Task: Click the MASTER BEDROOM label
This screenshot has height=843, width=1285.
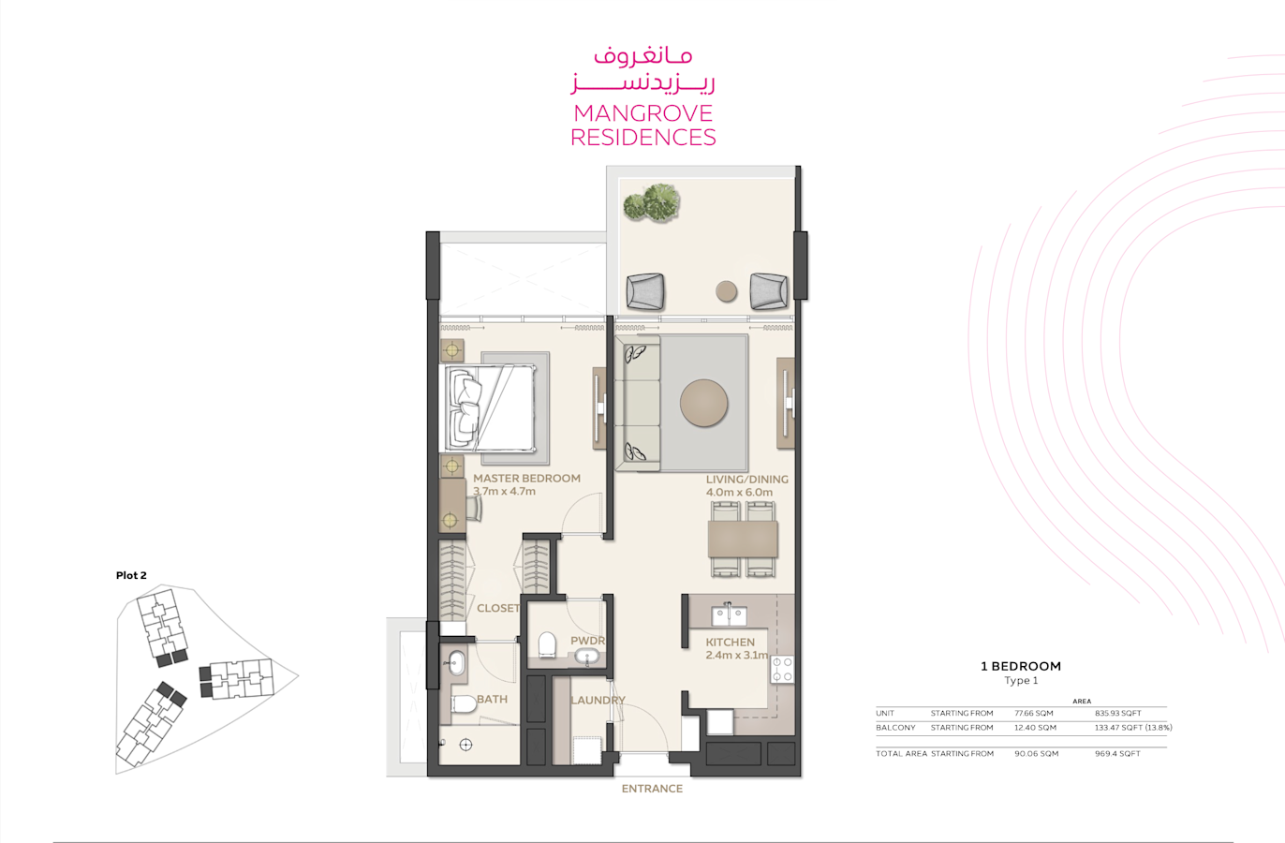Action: click(526, 478)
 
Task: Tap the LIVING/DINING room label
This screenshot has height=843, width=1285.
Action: click(746, 480)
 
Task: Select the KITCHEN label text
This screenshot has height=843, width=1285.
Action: click(730, 643)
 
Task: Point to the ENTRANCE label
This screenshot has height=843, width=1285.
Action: click(652, 789)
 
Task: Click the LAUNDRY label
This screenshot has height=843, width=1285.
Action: click(598, 700)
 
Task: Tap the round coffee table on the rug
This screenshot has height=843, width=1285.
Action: click(704, 403)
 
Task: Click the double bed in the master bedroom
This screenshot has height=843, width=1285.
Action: click(488, 407)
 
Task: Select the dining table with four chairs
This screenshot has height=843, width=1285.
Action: click(743, 539)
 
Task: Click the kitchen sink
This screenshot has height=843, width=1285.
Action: click(729, 615)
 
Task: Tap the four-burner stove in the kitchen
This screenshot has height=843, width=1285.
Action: click(782, 670)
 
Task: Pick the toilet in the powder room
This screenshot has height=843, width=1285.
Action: click(548, 645)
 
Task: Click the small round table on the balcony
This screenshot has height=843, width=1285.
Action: click(726, 291)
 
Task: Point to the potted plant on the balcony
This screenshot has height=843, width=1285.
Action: click(652, 202)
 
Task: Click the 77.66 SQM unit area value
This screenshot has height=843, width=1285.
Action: click(1034, 714)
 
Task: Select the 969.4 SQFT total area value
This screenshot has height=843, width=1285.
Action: click(1117, 753)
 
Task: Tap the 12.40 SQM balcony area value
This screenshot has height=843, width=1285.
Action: click(1035, 728)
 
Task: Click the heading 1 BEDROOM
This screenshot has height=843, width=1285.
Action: click(1021, 666)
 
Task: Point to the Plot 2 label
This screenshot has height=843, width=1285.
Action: click(131, 575)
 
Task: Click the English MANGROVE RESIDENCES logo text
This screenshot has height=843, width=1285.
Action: click(643, 126)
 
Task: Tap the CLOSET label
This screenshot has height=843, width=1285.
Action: click(498, 608)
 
